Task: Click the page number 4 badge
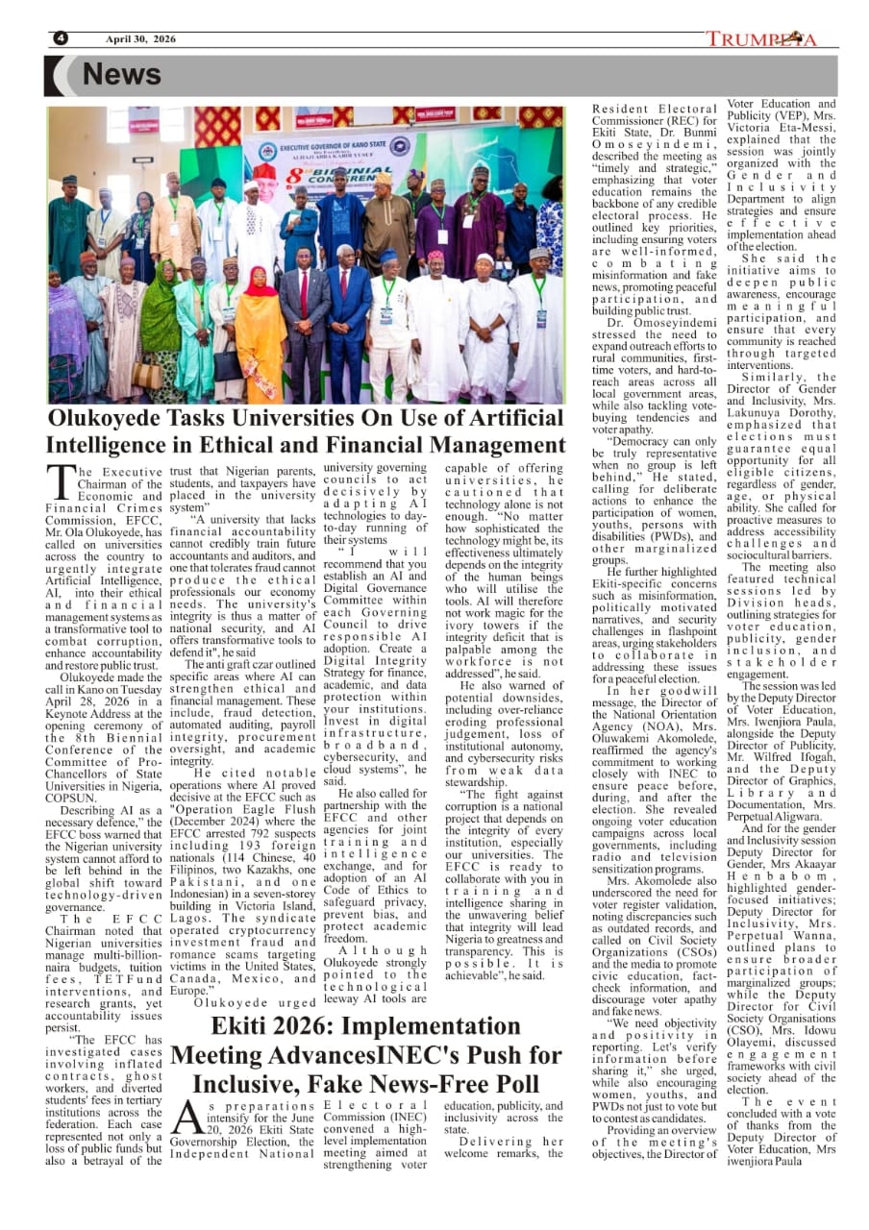coord(61,38)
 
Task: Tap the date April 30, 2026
coord(140,38)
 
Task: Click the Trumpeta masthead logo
coord(761,39)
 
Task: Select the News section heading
coord(121,75)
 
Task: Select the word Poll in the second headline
coord(506,1084)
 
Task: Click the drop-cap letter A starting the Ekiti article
coord(187,1116)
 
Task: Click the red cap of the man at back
coord(263,170)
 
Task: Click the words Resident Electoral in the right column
coord(654,110)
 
